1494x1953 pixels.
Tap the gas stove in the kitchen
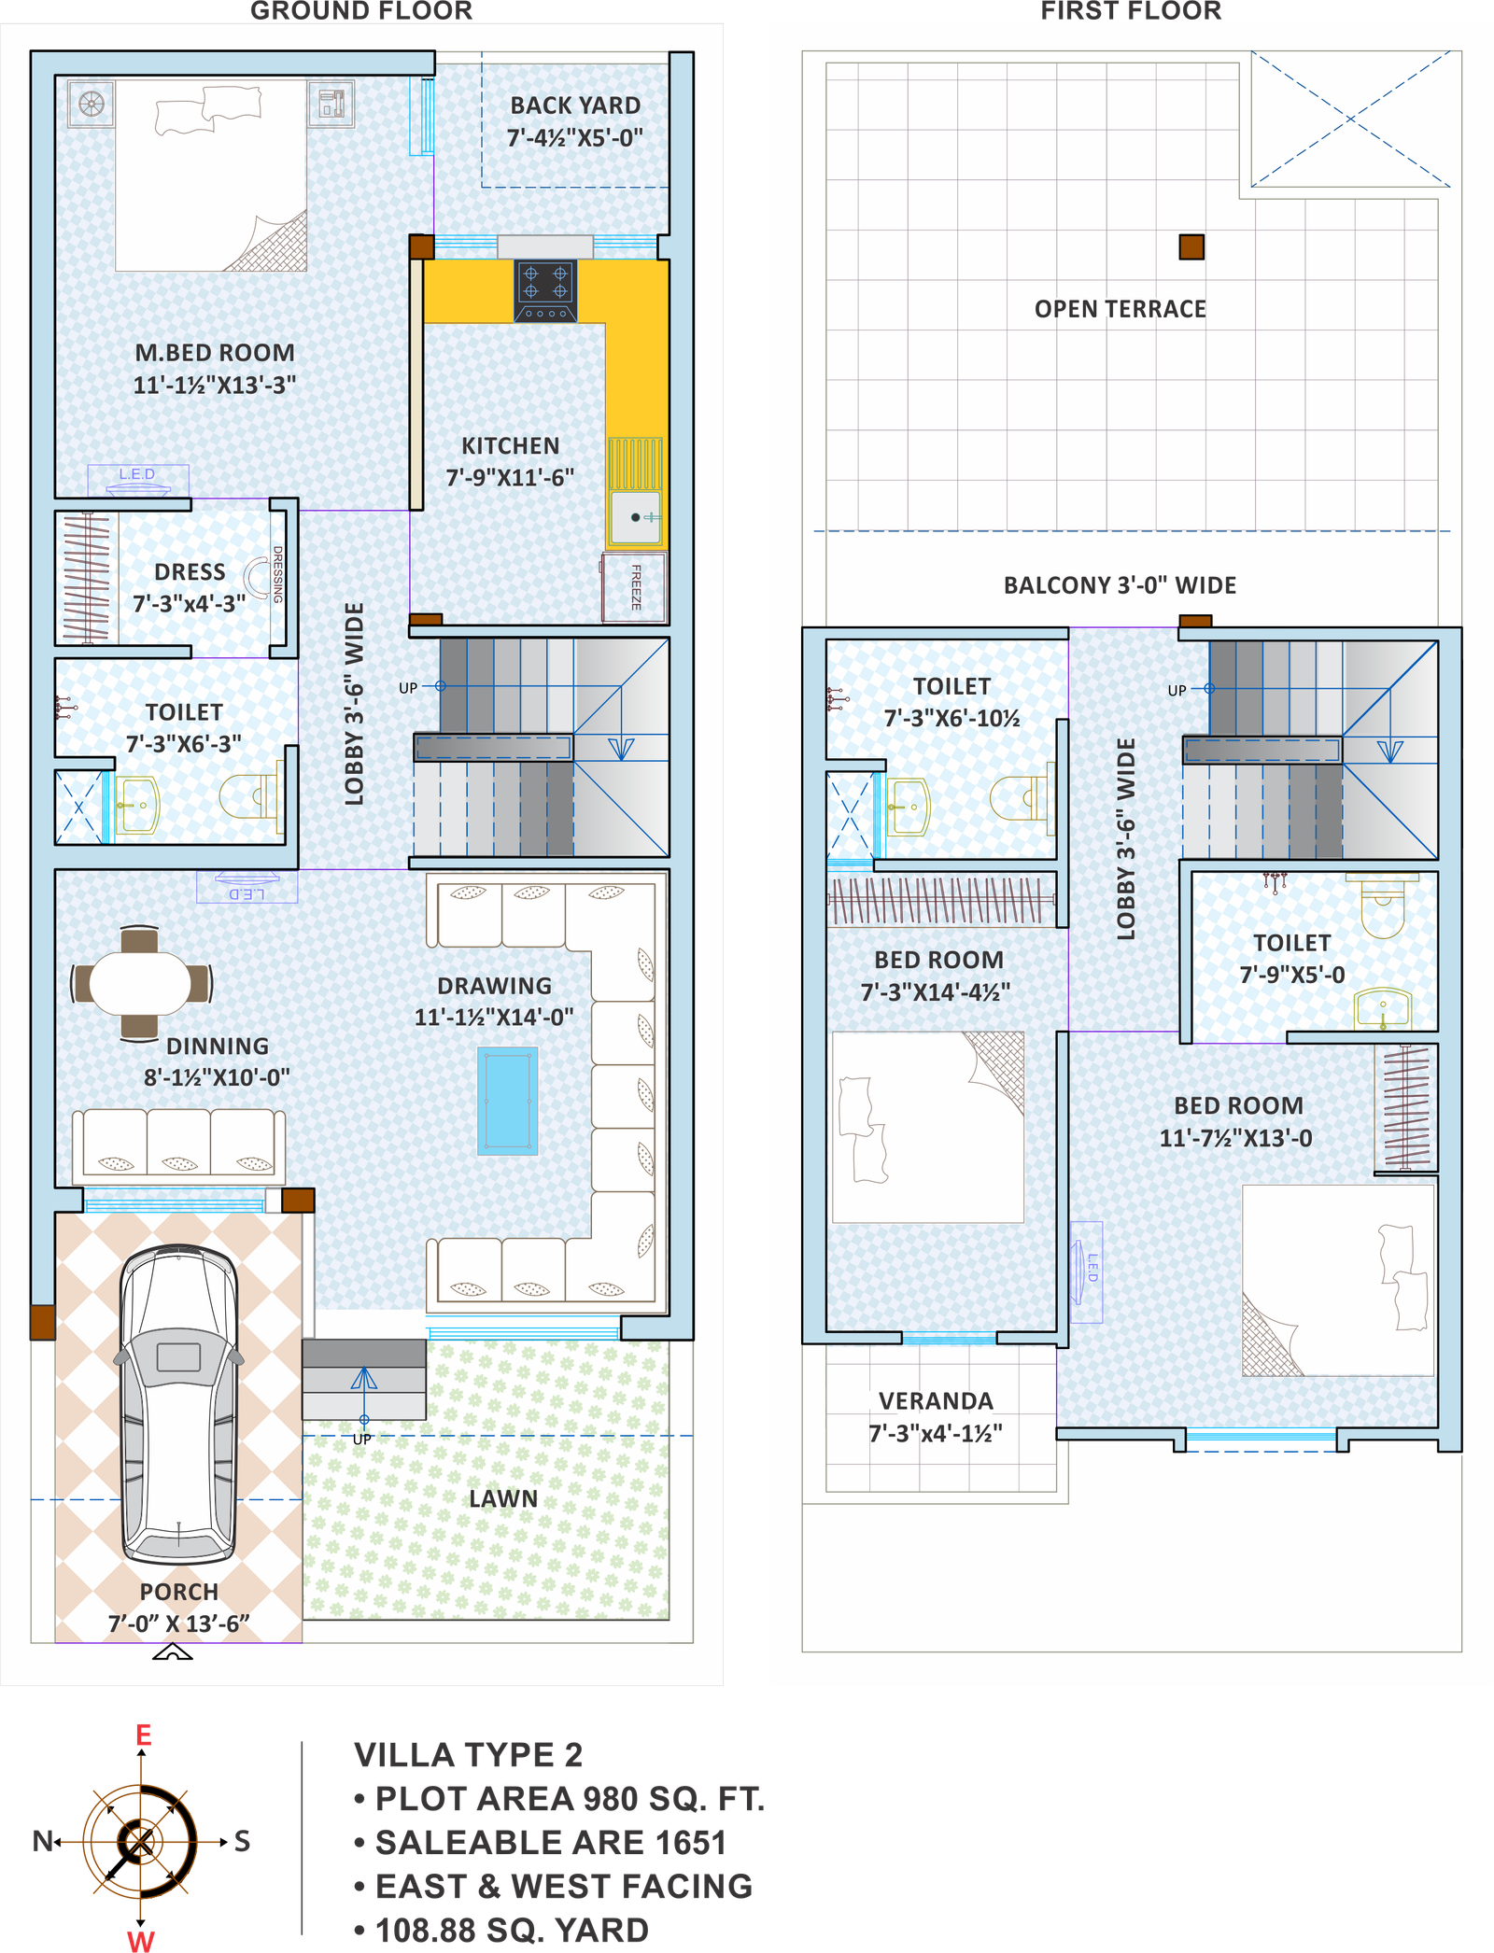[545, 290]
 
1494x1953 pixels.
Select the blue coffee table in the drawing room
[508, 1101]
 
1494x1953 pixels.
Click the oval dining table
[140, 983]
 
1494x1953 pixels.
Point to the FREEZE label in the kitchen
[636, 587]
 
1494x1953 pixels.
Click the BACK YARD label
[575, 105]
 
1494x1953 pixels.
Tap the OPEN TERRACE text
[1120, 309]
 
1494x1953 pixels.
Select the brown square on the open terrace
[1191, 246]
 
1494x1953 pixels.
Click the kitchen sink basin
[636, 516]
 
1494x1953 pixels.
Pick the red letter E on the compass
[143, 1735]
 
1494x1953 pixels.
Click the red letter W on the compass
[140, 1940]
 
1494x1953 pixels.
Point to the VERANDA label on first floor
[936, 1400]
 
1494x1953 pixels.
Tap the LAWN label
[503, 1499]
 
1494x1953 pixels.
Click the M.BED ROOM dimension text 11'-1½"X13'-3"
[215, 385]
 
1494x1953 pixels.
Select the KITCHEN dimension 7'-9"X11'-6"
[510, 477]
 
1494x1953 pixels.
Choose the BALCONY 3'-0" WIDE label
[1120, 585]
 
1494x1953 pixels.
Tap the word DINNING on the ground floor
[218, 1046]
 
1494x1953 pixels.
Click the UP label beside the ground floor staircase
[408, 688]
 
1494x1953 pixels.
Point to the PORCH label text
[178, 1592]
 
